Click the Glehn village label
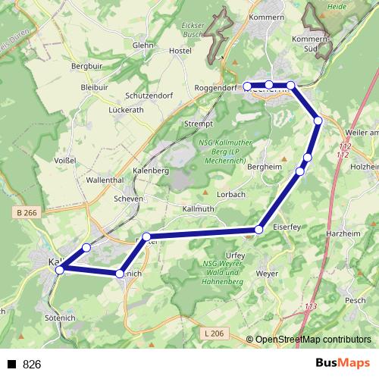(x=143, y=45)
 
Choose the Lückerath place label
(x=126, y=110)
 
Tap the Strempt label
(x=199, y=124)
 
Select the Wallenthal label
(x=105, y=180)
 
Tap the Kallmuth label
(x=199, y=208)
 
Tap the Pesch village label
(x=355, y=299)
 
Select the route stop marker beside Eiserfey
(x=259, y=229)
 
